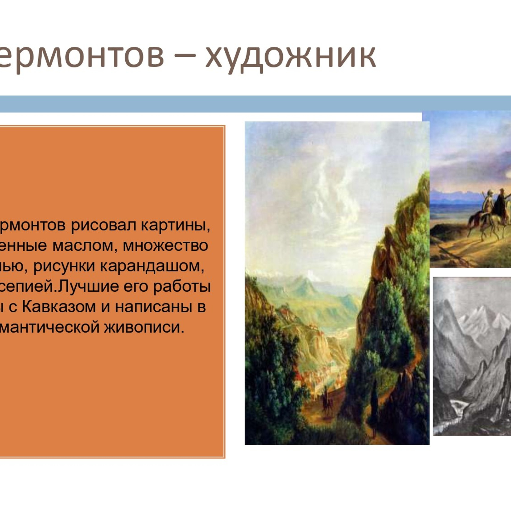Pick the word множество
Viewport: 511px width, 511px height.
[165, 246]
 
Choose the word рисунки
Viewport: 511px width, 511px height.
[64, 266]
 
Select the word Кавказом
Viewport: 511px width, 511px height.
[59, 307]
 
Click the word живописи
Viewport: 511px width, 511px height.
[144, 327]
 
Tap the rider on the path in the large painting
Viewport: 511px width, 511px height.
[325, 399]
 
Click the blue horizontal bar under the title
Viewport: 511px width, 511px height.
[256, 104]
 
